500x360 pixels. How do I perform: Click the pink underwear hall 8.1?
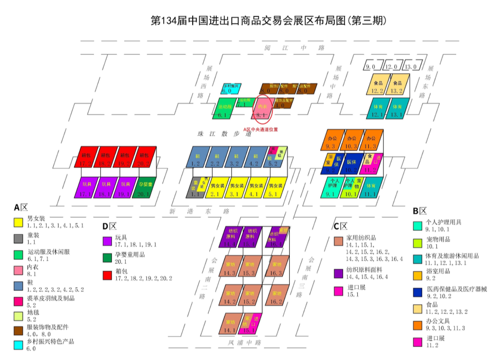coord(262,111)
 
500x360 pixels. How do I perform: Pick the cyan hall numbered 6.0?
coord(229,89)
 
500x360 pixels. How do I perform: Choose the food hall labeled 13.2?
coord(397,86)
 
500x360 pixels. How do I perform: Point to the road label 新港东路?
coord(199,211)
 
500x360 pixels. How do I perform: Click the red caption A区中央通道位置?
coord(261,129)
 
